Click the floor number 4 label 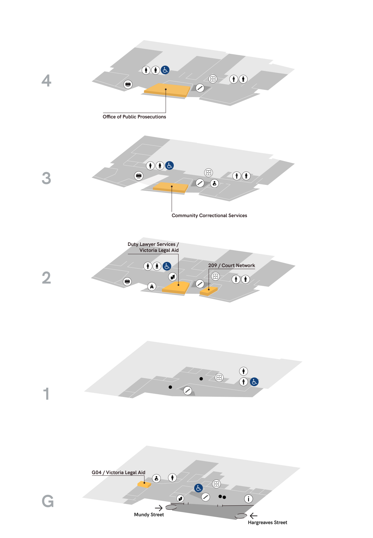(46, 81)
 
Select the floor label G (48, 501)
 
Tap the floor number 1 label (46, 394)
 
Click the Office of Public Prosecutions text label (134, 117)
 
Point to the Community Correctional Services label (209, 215)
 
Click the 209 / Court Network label (232, 265)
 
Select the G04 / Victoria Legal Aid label (118, 472)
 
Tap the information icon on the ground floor (248, 499)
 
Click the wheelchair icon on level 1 (254, 382)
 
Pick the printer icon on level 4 (128, 84)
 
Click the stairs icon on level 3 (200, 183)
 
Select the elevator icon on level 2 (215, 276)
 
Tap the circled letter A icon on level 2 (152, 286)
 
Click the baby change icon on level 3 (214, 183)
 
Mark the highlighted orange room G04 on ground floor (144, 484)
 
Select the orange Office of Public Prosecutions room (167, 90)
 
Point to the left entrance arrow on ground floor (159, 508)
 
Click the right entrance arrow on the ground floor (254, 516)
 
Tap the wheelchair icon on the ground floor (199, 488)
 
